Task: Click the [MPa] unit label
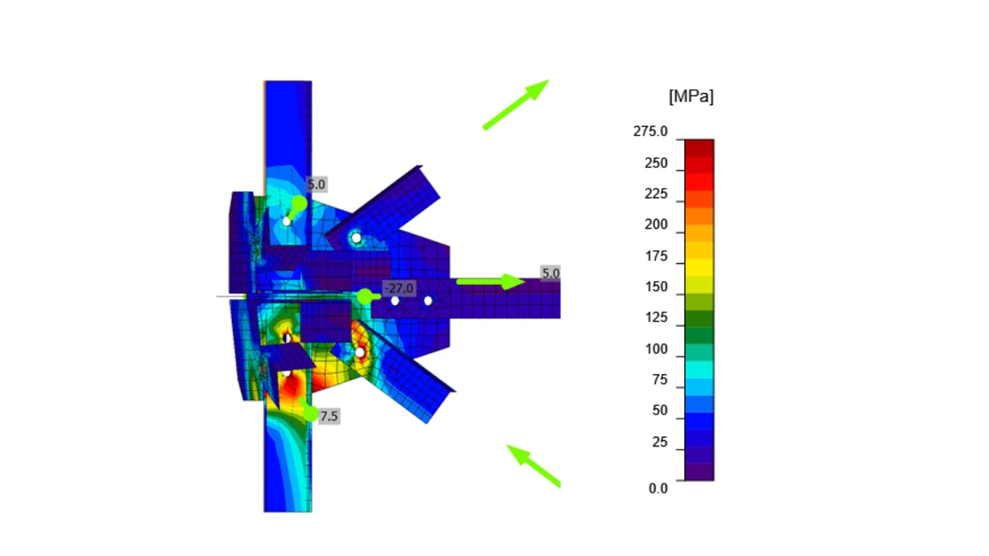[x=691, y=96]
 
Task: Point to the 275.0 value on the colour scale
[x=650, y=131]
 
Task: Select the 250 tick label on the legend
[x=656, y=163]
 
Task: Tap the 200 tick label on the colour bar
[x=656, y=225]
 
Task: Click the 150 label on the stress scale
[x=656, y=287]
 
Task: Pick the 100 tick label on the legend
[x=656, y=349]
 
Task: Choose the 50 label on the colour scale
[x=659, y=410]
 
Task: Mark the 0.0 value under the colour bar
[x=658, y=488]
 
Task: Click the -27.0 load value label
[x=399, y=288]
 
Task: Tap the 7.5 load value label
[x=329, y=416]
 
